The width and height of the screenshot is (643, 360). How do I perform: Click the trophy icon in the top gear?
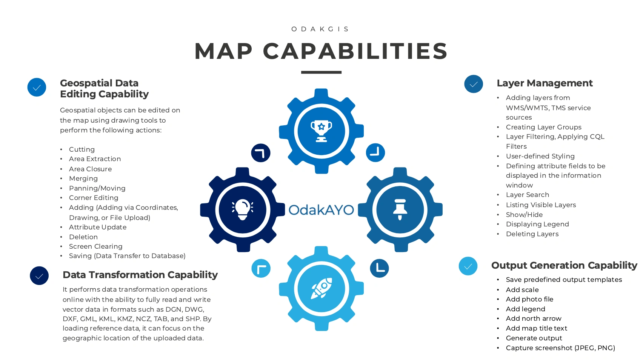click(x=321, y=131)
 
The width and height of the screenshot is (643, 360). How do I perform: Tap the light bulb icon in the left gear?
click(x=242, y=209)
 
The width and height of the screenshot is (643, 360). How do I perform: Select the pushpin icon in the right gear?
click(x=400, y=209)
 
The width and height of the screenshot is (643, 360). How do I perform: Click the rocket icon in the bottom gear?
click(x=321, y=288)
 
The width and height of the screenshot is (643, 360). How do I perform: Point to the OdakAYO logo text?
click(x=321, y=210)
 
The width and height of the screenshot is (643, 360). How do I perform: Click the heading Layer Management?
click(x=545, y=83)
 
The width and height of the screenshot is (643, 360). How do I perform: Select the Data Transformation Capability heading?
click(x=140, y=275)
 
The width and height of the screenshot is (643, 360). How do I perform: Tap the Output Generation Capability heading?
click(x=564, y=265)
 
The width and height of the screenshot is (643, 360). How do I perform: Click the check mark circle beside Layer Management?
click(x=474, y=84)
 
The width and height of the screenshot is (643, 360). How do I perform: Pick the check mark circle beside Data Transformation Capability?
click(x=39, y=276)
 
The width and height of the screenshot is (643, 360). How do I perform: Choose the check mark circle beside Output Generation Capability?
click(x=468, y=266)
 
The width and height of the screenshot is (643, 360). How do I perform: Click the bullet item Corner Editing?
click(x=94, y=198)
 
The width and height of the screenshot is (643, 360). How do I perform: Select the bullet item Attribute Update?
click(x=98, y=227)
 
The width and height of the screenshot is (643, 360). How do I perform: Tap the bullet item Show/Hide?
click(x=524, y=215)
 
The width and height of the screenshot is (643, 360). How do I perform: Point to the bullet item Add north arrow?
click(x=534, y=318)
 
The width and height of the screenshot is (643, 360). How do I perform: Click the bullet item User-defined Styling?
click(x=540, y=156)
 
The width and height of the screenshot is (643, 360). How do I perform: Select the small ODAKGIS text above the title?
click(x=321, y=29)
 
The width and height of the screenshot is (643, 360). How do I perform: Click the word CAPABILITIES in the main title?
click(x=355, y=51)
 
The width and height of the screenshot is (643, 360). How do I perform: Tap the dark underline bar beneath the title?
click(x=321, y=72)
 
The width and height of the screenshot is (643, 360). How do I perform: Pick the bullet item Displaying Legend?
click(x=537, y=224)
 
